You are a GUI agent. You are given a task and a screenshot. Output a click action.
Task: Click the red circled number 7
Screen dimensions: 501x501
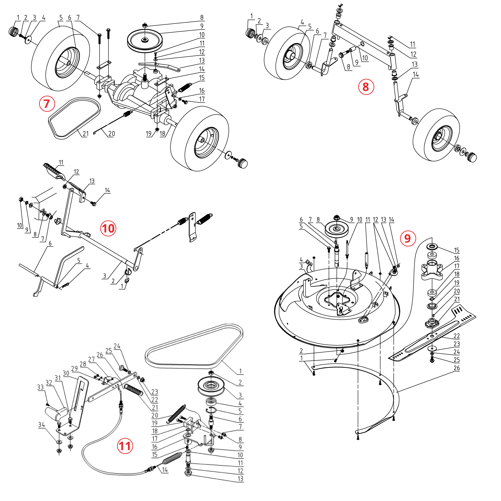point(47,103)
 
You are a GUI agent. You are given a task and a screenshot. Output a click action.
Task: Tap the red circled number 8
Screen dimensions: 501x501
point(366,87)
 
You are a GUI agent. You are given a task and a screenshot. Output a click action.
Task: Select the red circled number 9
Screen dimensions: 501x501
point(408,238)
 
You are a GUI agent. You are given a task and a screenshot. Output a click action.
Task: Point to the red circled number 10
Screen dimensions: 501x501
point(108,228)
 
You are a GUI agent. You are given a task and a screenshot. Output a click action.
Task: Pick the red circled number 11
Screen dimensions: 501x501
point(125,446)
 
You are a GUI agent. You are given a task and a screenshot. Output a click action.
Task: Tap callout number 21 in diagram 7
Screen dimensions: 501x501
point(86,134)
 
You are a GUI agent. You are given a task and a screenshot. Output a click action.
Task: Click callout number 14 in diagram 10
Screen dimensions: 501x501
point(107,190)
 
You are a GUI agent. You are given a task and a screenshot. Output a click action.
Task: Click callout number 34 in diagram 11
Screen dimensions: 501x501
point(42,425)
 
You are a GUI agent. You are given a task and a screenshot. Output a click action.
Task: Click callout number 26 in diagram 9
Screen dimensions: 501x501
point(457,368)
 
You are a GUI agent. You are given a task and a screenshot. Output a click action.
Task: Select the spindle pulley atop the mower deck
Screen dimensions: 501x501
point(337,229)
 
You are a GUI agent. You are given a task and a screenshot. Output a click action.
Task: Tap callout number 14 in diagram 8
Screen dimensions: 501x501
point(416,74)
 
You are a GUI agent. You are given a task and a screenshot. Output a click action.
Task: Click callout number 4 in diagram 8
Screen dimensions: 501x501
point(302,22)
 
